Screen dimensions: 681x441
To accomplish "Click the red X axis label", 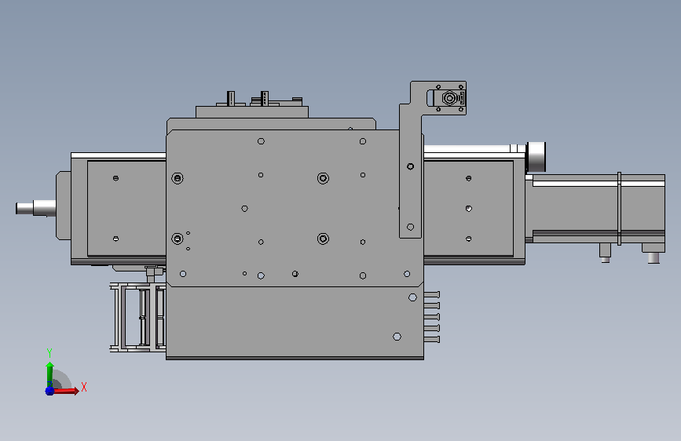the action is [x=84, y=387].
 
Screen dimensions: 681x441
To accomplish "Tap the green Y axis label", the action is [x=49, y=353].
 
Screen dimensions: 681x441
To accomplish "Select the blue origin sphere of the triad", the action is [x=49, y=391].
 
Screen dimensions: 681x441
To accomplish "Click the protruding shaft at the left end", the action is [x=35, y=208].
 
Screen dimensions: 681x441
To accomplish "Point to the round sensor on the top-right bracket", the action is [x=449, y=98].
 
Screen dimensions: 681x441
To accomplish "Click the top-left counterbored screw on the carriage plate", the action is [x=178, y=178].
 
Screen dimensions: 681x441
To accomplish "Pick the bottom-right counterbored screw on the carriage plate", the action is [x=323, y=239].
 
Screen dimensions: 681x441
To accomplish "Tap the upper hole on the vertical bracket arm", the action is [x=411, y=166].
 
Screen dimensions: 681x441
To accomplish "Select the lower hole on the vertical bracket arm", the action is [x=411, y=227].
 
